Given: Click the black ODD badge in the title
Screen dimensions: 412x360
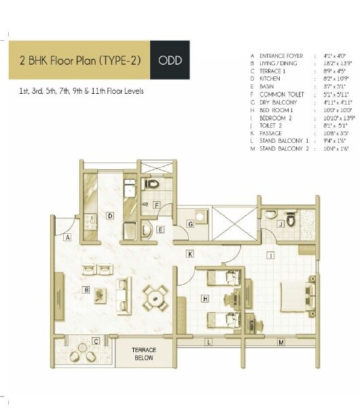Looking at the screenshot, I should [x=169, y=61].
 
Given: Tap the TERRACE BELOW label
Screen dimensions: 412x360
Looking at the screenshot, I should [x=143, y=354].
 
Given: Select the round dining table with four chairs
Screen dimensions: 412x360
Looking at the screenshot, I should [x=155, y=296].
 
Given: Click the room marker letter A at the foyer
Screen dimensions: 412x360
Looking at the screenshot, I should [x=68, y=238].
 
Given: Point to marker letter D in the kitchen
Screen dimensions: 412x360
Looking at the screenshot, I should [x=109, y=216].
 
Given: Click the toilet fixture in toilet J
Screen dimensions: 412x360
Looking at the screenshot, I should [x=291, y=220].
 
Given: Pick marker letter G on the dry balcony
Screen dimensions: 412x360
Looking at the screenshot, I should [x=191, y=224].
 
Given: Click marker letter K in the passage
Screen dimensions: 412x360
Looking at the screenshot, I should [x=191, y=254].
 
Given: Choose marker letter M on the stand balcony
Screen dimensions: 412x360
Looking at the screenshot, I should [x=279, y=342].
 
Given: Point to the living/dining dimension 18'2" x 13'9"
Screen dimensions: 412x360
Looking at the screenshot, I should [x=332, y=63].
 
